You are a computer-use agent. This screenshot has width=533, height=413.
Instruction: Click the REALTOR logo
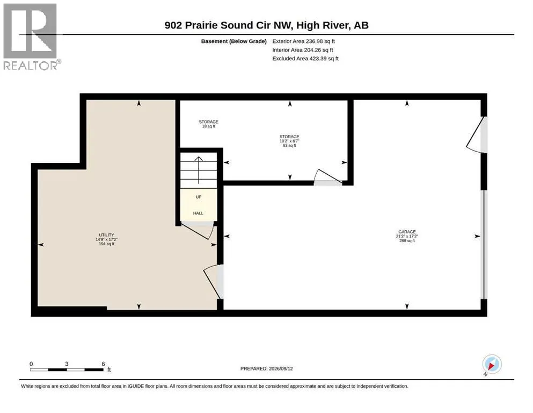(x=32, y=37)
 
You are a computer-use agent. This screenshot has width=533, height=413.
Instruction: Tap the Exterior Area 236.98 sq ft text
(x=304, y=41)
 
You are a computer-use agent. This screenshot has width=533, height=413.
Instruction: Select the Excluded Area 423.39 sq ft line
(x=305, y=58)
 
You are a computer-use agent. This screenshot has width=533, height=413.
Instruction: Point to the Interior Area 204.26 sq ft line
(x=303, y=49)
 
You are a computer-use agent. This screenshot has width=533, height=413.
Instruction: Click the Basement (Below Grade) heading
(x=233, y=41)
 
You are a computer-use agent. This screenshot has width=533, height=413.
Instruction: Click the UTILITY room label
(x=106, y=239)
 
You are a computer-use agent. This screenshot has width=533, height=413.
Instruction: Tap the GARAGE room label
(x=407, y=236)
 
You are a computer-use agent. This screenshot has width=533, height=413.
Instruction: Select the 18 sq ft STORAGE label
(x=208, y=124)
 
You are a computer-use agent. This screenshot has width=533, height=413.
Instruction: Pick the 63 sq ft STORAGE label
(x=289, y=141)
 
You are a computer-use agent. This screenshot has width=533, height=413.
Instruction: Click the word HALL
(x=198, y=213)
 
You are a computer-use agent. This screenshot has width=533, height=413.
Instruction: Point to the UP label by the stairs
(x=199, y=197)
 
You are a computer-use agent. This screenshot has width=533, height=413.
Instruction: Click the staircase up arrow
(x=199, y=170)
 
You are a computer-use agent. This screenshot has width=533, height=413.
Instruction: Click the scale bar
(x=67, y=369)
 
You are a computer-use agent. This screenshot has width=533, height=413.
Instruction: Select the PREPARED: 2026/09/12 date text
(x=266, y=368)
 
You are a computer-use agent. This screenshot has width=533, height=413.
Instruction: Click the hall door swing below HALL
(x=198, y=230)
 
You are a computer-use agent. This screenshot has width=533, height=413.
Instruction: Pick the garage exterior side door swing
(x=477, y=135)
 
